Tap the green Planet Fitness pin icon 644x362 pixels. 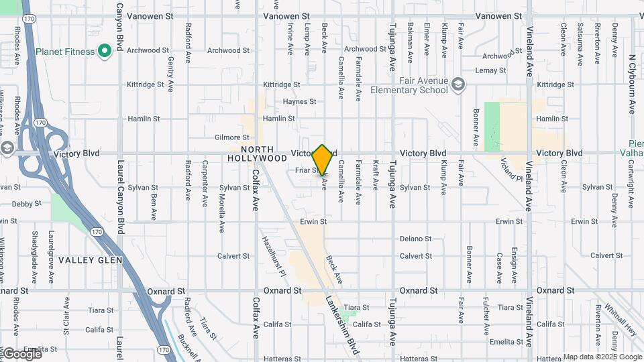pyautogui.click(x=104, y=51)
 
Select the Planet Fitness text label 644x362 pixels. pyautogui.click(x=66, y=52)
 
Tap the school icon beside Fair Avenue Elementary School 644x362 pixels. pyautogui.click(x=458, y=84)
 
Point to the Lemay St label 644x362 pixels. pyautogui.click(x=490, y=70)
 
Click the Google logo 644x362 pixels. pyautogui.click(x=21, y=353)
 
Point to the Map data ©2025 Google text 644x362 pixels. pyautogui.click(x=602, y=357)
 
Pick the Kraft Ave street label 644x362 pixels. pyautogui.click(x=376, y=174)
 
